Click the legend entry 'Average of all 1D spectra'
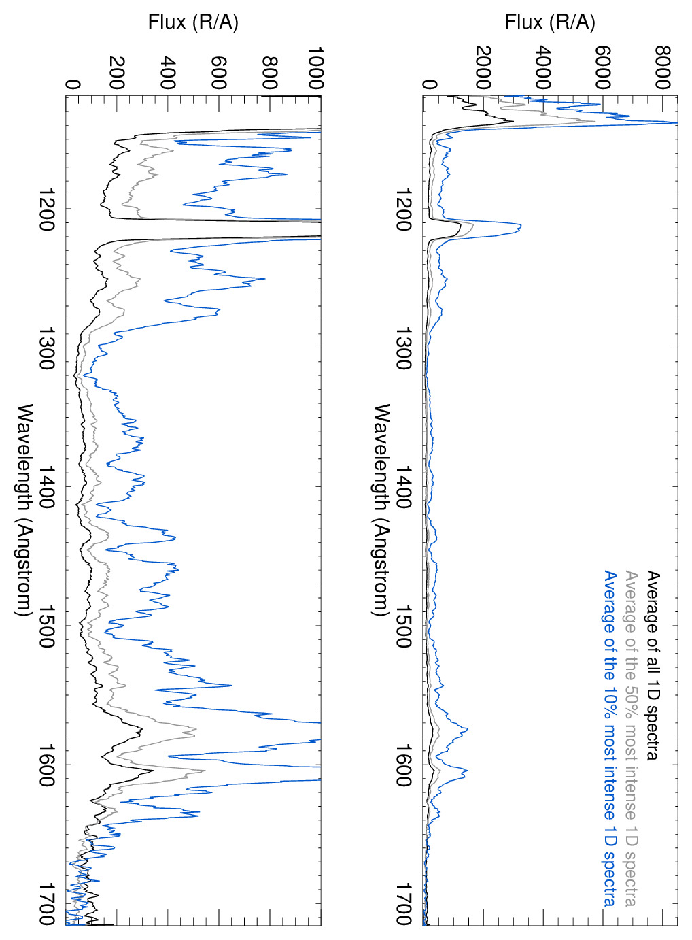coord(653,665)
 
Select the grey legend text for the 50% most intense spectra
coord(632,738)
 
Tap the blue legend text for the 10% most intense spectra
coord(610,738)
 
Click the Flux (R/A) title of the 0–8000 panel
coord(550,22)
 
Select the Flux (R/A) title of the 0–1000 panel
coord(193,22)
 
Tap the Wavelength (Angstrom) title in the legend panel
coord(382,510)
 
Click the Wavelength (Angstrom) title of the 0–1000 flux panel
coord(25,510)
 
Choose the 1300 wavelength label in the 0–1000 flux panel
coord(47,348)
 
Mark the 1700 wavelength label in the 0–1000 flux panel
coord(47,904)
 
